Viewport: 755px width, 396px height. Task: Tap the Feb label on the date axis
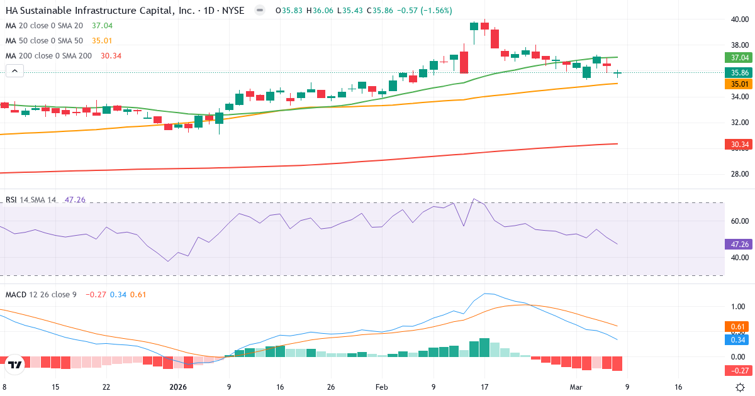[x=382, y=387]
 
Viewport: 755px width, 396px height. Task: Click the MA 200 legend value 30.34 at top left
[x=111, y=56]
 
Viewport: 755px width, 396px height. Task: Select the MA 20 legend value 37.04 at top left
[x=101, y=26]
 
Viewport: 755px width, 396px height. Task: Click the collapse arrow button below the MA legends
[x=15, y=71]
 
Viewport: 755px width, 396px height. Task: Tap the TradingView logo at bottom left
[x=16, y=364]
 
